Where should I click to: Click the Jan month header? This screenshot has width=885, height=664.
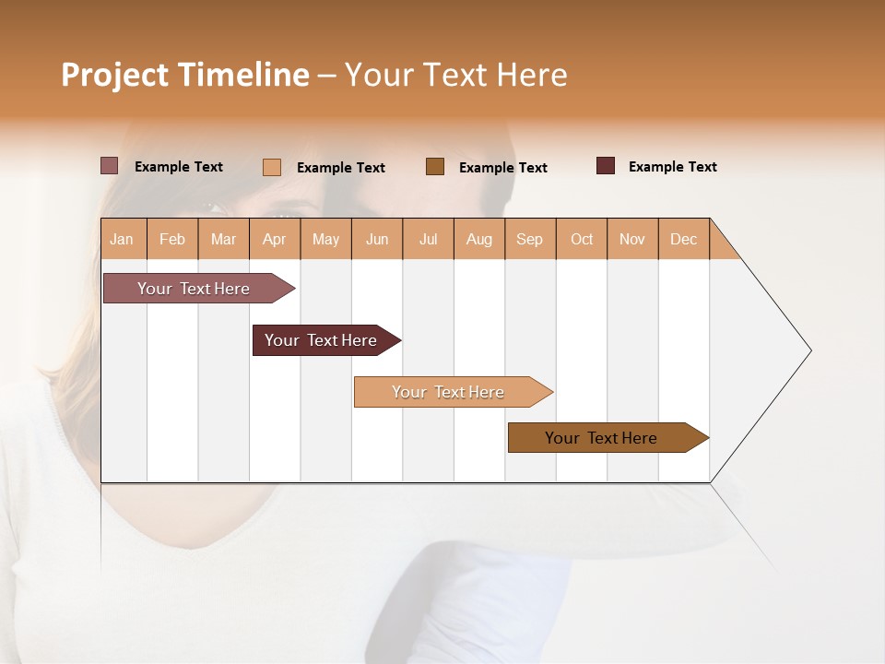click(123, 239)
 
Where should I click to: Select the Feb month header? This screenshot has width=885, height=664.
click(172, 239)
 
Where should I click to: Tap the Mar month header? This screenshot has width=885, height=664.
click(223, 239)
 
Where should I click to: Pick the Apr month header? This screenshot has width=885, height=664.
click(275, 239)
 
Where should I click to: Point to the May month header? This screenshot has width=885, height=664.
click(325, 239)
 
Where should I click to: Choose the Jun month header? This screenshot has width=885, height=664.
click(377, 239)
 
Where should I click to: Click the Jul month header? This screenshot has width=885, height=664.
click(428, 239)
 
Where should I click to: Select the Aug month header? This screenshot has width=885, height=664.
click(479, 239)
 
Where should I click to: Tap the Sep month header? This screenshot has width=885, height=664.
click(530, 239)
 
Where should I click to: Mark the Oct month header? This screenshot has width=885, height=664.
click(582, 239)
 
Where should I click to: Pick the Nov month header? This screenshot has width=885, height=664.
click(632, 239)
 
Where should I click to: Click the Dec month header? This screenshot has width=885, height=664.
click(684, 239)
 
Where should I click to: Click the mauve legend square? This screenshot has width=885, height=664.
click(110, 166)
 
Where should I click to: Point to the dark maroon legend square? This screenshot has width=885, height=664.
click(606, 166)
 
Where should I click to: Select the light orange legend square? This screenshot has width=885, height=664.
click(272, 167)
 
